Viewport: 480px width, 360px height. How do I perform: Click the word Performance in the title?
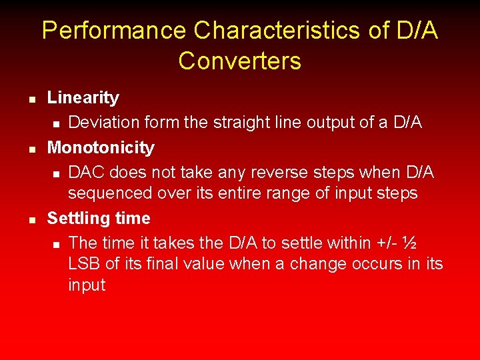point(114,31)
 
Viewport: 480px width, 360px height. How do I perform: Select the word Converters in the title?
point(239,61)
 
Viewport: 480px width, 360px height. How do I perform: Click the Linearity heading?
point(83,98)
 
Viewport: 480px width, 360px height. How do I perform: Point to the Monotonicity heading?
point(101,147)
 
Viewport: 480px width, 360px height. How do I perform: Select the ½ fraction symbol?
point(411,243)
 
